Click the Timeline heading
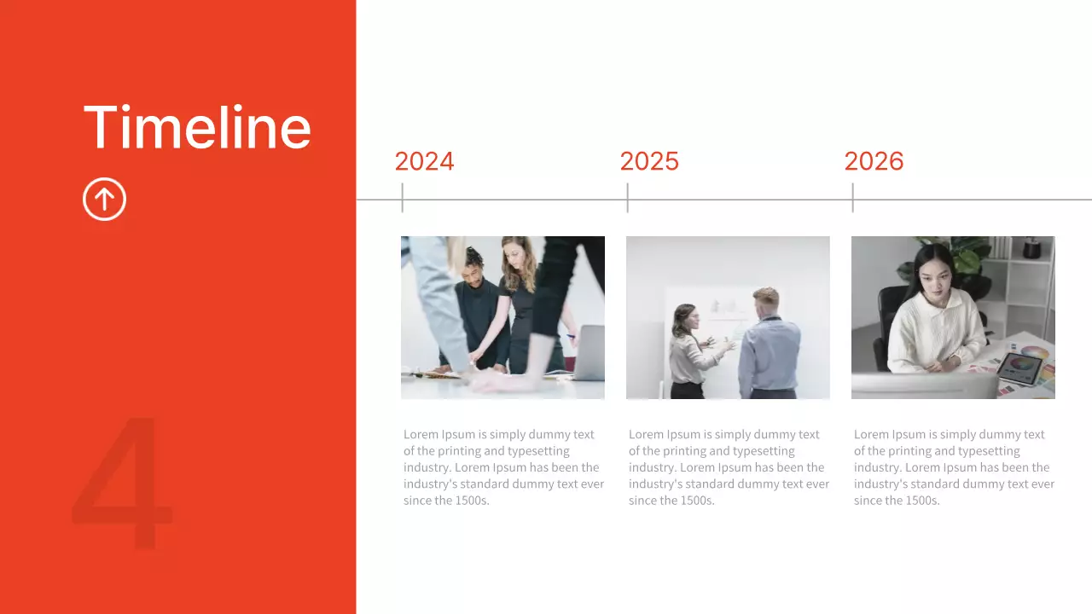click(197, 128)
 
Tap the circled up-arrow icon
click(104, 200)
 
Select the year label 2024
click(424, 161)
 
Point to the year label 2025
click(649, 161)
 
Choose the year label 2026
click(874, 161)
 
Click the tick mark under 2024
click(402, 198)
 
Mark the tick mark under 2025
click(627, 198)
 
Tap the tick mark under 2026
click(852, 198)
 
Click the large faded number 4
click(122, 484)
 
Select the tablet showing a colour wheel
click(1021, 368)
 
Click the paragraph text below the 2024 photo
click(503, 467)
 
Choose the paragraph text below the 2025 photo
click(729, 467)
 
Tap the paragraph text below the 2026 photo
click(954, 467)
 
